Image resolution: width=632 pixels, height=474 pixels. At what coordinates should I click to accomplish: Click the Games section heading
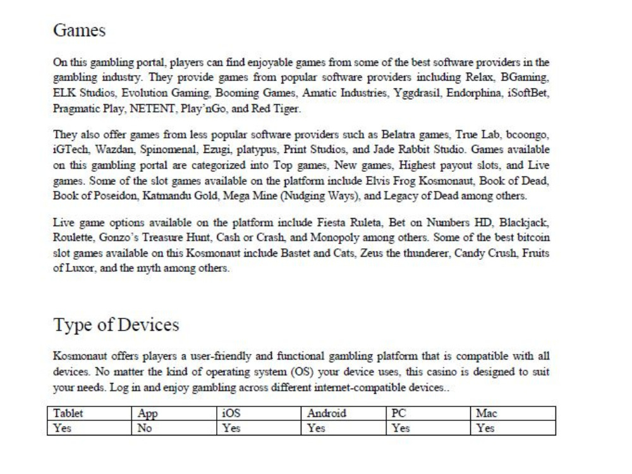coord(79,30)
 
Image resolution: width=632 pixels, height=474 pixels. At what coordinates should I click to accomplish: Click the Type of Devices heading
coord(116,325)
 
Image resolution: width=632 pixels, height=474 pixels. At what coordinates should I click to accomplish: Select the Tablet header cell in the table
coord(69,414)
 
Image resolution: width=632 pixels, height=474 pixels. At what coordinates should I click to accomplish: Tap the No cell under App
coord(145,428)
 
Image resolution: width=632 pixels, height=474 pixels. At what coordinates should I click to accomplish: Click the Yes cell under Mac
coord(485,428)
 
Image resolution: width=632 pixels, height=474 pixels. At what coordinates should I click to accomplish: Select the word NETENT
coord(152,108)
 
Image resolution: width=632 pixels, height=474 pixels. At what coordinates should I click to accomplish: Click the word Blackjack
coord(529,224)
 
